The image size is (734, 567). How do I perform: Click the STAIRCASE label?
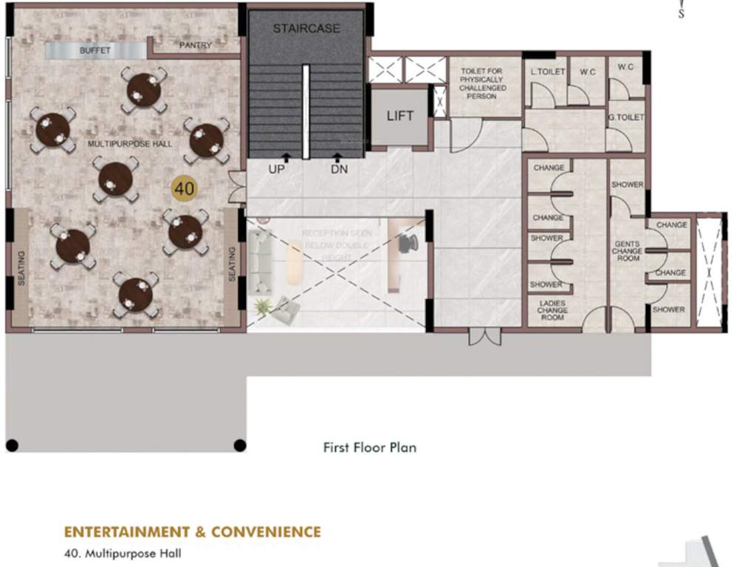tap(306, 29)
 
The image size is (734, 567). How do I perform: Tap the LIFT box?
tap(400, 115)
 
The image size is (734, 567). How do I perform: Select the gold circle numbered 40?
tap(184, 188)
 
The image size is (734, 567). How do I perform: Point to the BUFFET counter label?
tap(95, 51)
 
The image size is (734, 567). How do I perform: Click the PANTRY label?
tap(196, 46)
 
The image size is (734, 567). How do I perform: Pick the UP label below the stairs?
tap(277, 169)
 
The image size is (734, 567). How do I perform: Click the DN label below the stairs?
tap(340, 169)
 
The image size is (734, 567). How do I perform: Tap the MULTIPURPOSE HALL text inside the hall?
tap(130, 143)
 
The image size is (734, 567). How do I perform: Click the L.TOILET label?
tap(548, 72)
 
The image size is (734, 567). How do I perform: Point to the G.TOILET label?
tap(626, 117)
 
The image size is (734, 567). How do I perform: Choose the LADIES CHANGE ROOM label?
tap(552, 311)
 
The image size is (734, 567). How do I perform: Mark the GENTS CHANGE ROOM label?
tap(626, 251)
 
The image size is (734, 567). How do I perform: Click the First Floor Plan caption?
tap(369, 447)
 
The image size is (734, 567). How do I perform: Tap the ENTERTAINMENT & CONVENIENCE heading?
tap(193, 532)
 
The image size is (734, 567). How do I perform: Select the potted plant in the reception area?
tap(261, 306)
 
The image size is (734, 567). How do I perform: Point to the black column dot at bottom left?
tap(12, 445)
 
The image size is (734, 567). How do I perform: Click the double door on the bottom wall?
tap(484, 337)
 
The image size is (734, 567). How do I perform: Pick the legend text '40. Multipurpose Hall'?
tap(123, 552)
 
